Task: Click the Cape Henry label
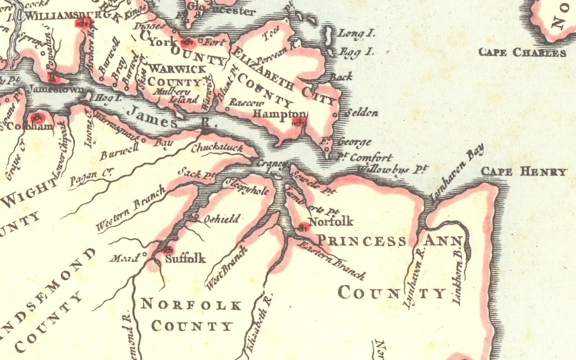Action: click(x=523, y=172)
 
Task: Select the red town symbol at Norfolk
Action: click(x=303, y=228)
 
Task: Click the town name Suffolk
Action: click(x=185, y=259)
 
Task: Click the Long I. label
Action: click(x=356, y=33)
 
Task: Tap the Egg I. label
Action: click(x=356, y=52)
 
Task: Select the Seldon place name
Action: click(x=361, y=113)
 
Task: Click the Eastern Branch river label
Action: click(x=331, y=260)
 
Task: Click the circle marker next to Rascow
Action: click(x=228, y=108)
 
